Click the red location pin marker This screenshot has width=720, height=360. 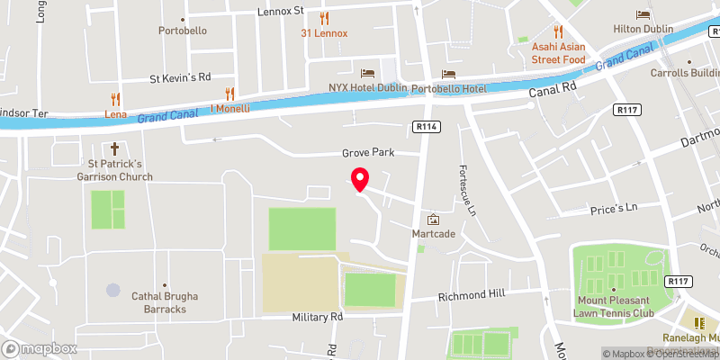tap(360, 179)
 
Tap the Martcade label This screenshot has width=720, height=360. tap(433, 234)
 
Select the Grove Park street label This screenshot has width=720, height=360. tap(368, 153)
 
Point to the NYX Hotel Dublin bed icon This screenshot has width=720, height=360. tap(367, 73)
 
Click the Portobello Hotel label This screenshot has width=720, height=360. tap(448, 89)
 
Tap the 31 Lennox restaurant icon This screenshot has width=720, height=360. tap(324, 18)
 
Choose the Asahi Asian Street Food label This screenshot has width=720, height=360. tap(559, 53)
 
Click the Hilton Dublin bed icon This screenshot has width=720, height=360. tap(643, 14)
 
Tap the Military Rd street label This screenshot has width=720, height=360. tap(318, 318)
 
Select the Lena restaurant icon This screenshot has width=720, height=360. tap(114, 99)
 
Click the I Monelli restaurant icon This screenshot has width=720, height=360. tap(229, 93)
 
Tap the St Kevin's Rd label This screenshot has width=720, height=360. tap(180, 77)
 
